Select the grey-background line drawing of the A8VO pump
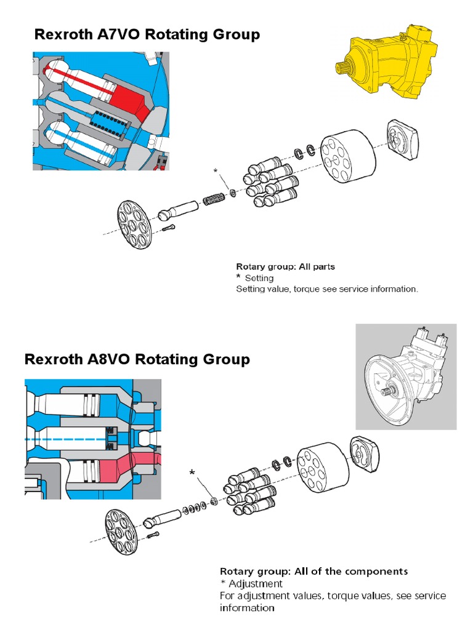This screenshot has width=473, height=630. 406,377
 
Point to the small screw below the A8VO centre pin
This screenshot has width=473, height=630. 153,536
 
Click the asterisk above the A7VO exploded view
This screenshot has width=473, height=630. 216,169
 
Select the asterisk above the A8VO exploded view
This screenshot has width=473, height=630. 193,472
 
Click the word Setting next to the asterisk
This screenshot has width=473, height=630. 259,278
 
